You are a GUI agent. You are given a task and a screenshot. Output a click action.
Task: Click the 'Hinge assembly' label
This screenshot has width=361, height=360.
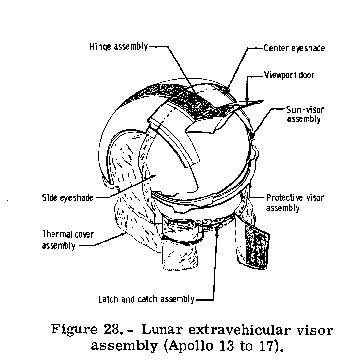[119, 47]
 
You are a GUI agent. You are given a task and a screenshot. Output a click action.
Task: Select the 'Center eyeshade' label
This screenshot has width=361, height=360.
[294, 48]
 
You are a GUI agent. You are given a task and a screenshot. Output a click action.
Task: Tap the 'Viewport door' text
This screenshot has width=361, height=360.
[289, 75]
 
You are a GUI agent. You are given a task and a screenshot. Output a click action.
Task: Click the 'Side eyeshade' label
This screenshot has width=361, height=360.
[67, 197]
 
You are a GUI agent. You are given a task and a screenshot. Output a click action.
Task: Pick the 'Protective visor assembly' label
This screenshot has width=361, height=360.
[295, 203]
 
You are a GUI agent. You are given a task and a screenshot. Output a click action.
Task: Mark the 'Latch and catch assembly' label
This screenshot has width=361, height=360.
[146, 299]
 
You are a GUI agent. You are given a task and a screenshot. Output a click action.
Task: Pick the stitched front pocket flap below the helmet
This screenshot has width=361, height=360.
[180, 251]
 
